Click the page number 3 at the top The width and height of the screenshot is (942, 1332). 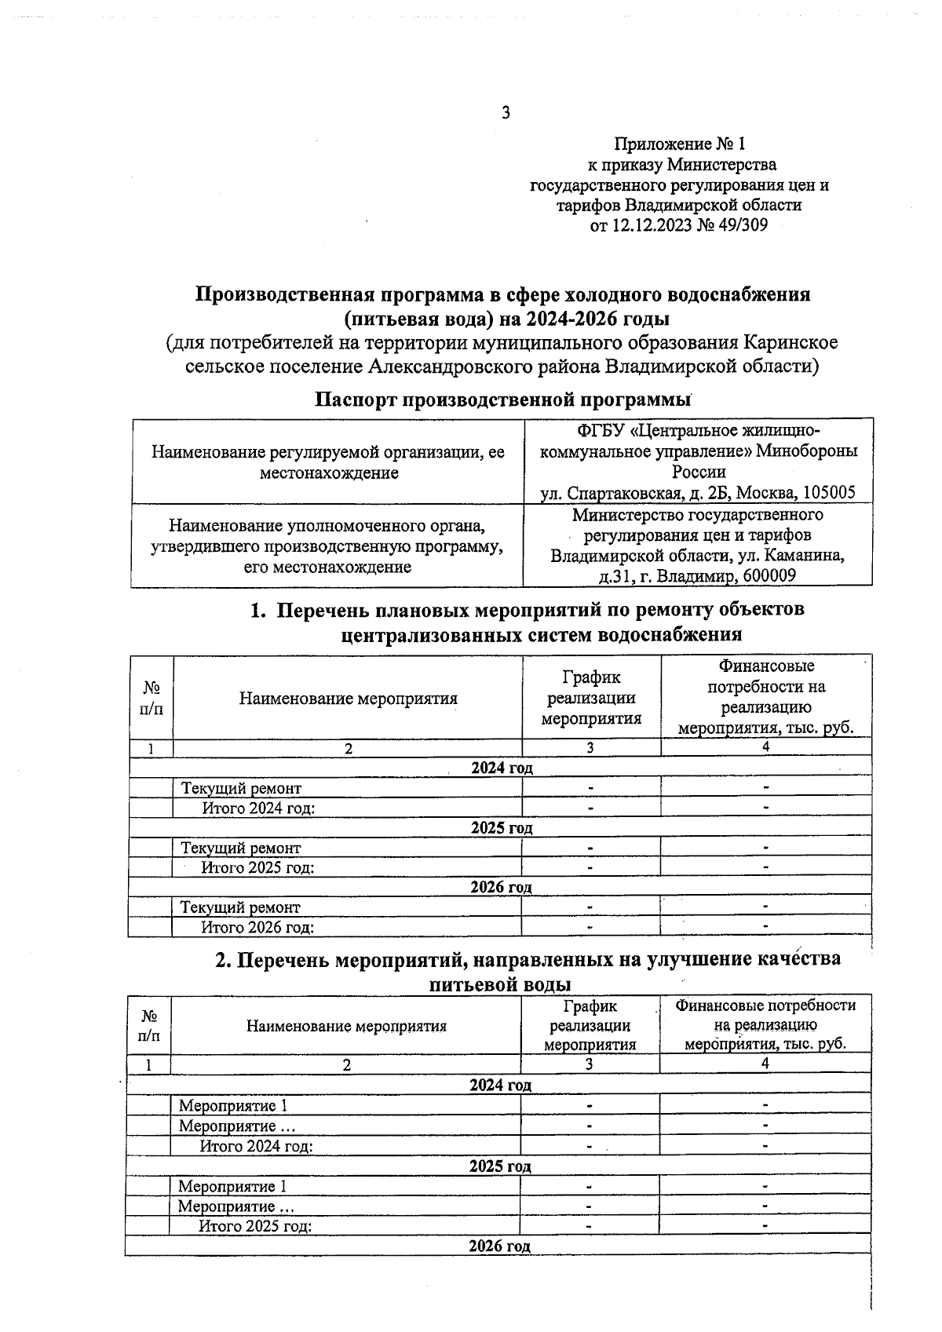point(506,113)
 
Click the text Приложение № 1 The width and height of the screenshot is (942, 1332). point(679,144)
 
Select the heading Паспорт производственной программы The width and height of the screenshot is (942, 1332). point(502,399)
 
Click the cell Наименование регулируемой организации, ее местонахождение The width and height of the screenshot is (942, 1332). point(327,462)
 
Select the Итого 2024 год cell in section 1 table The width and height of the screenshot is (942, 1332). point(258,808)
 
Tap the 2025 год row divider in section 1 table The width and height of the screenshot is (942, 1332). point(501,827)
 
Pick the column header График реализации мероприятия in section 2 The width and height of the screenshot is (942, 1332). point(590,1025)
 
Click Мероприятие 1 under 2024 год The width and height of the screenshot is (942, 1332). point(233,1106)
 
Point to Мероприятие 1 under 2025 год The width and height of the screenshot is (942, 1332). point(232,1186)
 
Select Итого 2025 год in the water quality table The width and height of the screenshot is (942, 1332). point(255,1226)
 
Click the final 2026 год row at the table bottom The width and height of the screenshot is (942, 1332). point(499,1246)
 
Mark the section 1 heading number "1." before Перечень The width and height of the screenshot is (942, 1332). point(258,610)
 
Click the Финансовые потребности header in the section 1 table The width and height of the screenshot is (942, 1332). point(765,697)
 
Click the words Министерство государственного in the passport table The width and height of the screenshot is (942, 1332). point(697,515)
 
